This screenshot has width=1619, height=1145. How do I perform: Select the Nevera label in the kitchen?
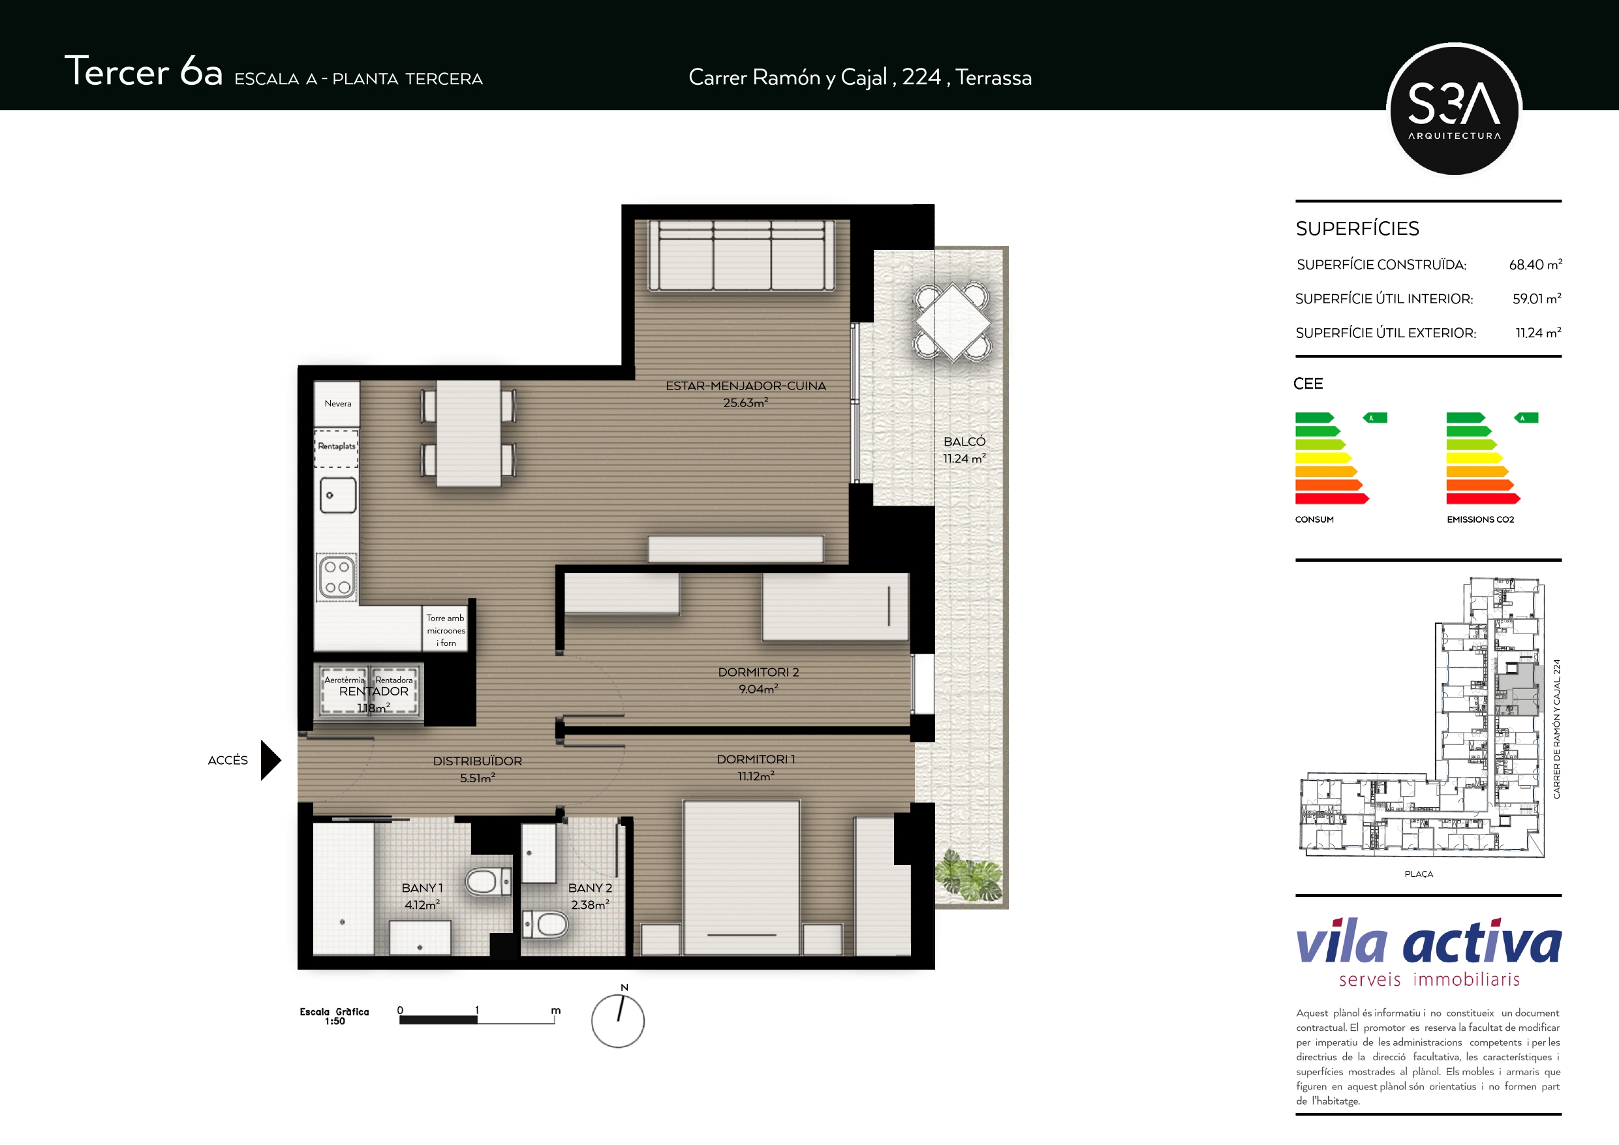coord(338,403)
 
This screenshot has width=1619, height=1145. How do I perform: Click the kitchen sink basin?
coord(338,495)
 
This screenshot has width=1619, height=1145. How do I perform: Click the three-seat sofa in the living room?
coord(741,255)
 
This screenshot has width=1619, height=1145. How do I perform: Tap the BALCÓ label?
coord(964,441)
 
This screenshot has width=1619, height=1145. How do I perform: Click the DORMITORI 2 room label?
coord(758,672)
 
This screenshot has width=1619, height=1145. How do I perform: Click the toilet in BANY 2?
coord(545,924)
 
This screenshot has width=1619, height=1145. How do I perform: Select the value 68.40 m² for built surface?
coord(1535,264)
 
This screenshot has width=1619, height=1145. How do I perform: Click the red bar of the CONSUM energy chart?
coord(1332,498)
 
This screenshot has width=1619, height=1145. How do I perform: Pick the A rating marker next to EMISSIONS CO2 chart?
coord(1526,418)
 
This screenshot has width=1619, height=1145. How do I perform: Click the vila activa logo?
coord(1428,952)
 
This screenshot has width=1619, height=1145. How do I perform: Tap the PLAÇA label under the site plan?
coord(1418,874)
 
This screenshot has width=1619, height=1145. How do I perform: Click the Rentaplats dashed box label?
coord(336,446)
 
